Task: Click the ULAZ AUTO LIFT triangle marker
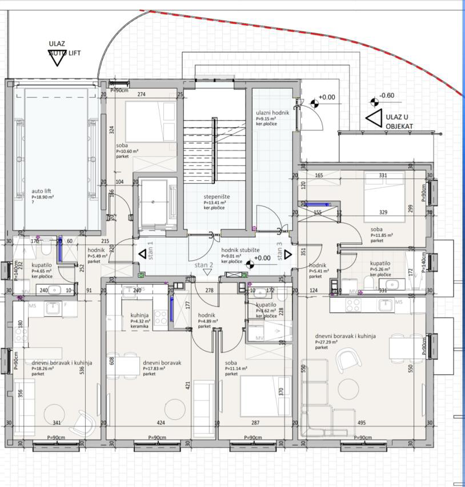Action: [x=57, y=58]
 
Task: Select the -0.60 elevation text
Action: [x=387, y=96]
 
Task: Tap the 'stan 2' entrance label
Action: [x=203, y=266]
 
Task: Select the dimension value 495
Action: [x=362, y=423]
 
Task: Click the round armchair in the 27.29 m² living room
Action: [x=349, y=360]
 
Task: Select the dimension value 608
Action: [x=112, y=361]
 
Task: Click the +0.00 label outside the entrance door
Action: [x=327, y=97]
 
